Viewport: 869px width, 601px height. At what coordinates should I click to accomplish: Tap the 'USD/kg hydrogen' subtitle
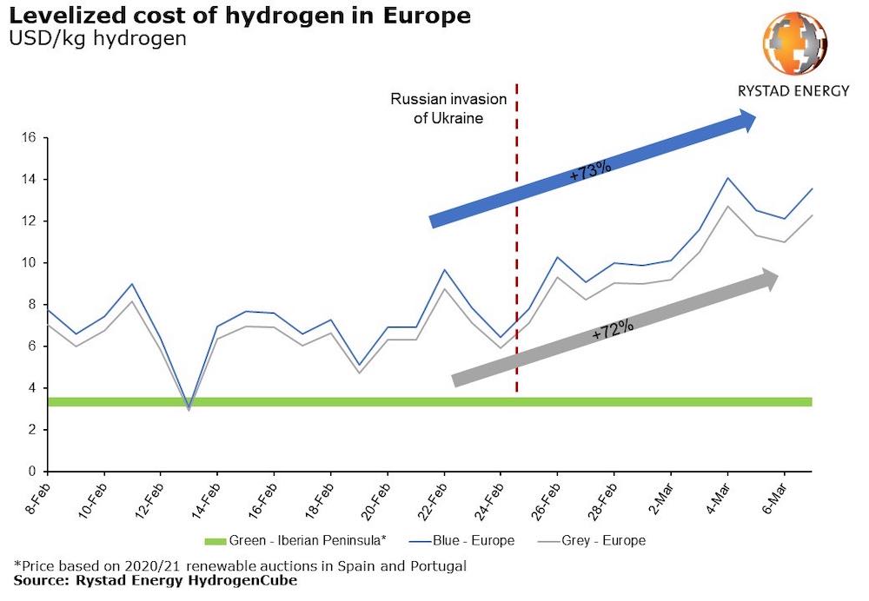click(96, 40)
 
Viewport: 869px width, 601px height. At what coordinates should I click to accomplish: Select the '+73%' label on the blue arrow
click(591, 168)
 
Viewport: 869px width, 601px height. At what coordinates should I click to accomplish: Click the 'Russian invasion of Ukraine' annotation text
click(437, 109)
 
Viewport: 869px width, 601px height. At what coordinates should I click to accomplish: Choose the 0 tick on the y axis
click(30, 472)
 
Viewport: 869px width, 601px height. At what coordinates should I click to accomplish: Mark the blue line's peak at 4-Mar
click(727, 178)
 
